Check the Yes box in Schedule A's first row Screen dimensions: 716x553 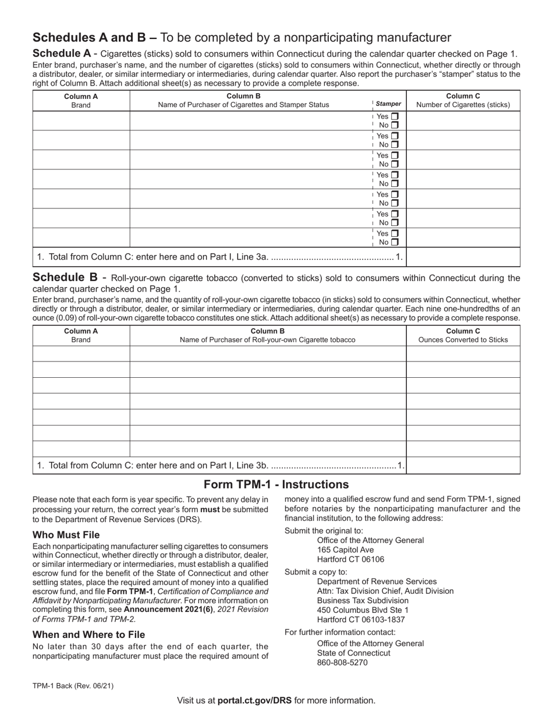395,116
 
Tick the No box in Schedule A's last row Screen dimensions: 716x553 395,242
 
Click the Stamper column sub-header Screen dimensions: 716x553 388,104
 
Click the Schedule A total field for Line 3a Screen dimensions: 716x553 463,257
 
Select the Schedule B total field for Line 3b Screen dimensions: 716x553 463,465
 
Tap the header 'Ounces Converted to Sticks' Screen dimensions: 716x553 463,340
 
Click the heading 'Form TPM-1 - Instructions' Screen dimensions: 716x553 276,484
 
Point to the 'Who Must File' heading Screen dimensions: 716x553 66,534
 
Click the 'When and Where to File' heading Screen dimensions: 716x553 88,635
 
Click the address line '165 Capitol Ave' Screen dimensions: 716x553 345,550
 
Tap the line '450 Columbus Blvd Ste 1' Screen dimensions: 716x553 363,610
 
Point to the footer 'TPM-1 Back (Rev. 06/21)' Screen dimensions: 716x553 73,686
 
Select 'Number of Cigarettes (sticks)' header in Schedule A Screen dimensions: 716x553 463,105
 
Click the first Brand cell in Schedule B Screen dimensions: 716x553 81,354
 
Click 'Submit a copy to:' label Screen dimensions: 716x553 316,572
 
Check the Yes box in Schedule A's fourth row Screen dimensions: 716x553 395,175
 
